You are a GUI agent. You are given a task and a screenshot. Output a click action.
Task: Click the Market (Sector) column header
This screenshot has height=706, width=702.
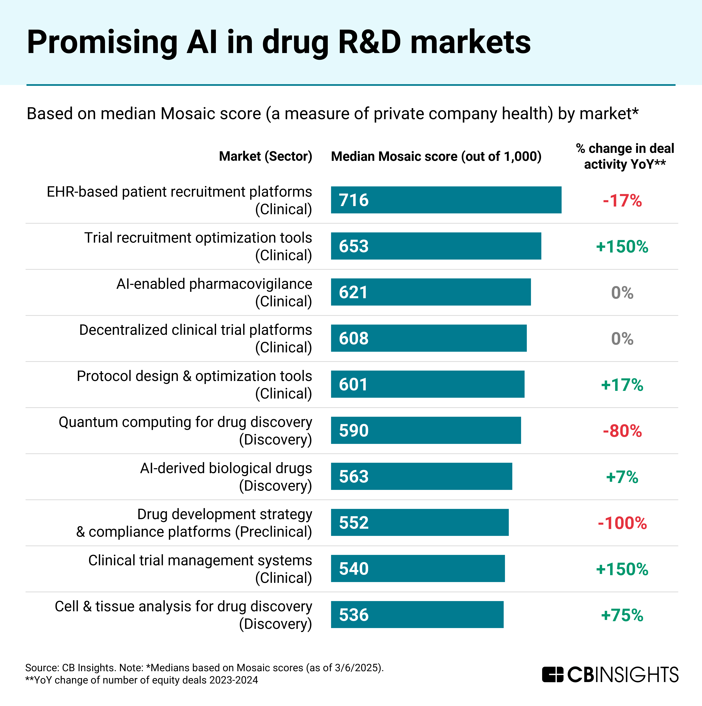click(265, 156)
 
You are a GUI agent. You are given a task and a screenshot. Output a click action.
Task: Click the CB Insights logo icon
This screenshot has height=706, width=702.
click(553, 675)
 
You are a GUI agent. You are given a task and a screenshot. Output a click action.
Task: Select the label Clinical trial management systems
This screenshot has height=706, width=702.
click(200, 560)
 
